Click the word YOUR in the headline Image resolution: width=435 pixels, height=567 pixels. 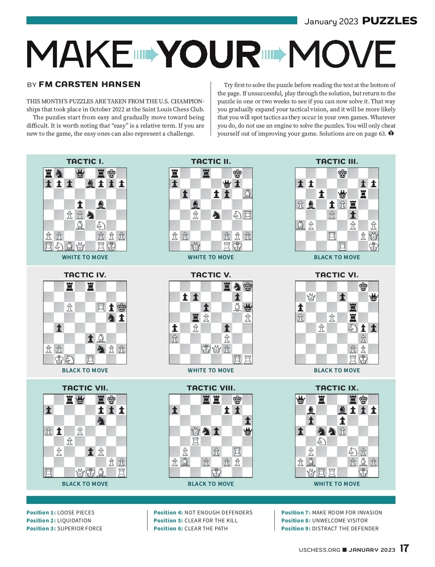(x=210, y=54)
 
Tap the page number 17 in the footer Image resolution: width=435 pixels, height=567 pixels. (x=405, y=549)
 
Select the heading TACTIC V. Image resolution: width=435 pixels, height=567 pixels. (x=211, y=275)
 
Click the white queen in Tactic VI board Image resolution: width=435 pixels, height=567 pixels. (x=311, y=297)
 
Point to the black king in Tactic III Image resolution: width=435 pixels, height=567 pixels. (x=342, y=173)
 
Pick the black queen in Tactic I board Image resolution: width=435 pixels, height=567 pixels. (x=80, y=173)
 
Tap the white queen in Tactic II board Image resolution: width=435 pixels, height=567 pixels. (x=195, y=247)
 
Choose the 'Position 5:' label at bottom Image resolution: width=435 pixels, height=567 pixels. (x=168, y=521)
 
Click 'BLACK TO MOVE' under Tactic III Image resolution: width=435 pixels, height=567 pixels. (x=337, y=257)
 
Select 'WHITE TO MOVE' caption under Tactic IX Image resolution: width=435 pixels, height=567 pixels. (x=337, y=484)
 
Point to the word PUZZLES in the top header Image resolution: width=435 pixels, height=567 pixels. (x=390, y=21)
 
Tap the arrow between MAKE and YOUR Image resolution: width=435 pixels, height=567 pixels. (x=146, y=55)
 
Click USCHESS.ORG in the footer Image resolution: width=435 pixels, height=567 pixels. (x=319, y=550)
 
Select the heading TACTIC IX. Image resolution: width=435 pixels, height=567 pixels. (x=337, y=388)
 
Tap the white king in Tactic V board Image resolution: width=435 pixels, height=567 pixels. (x=206, y=349)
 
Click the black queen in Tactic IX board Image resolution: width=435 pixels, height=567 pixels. (x=301, y=400)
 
